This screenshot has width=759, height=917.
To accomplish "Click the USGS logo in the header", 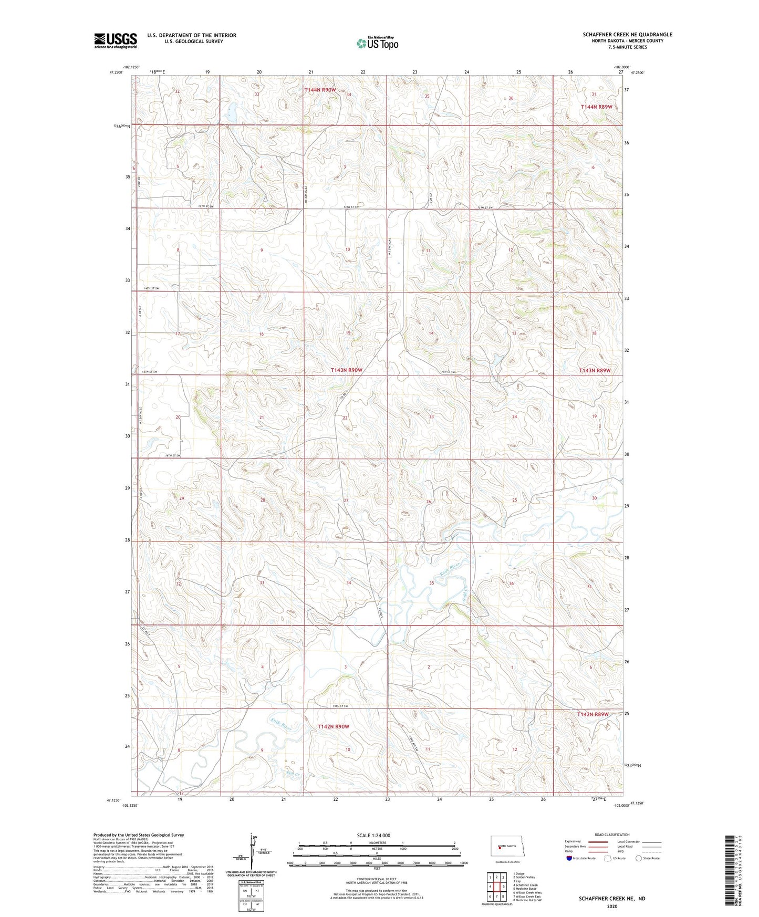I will (x=116, y=40).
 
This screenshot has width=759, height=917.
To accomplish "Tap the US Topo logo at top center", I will (x=377, y=43).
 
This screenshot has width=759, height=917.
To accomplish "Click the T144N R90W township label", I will (x=320, y=90).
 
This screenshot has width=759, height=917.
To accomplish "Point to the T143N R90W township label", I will (x=346, y=370).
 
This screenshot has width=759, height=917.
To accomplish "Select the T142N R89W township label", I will (x=592, y=714).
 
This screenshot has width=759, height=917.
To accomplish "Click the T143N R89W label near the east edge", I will (x=595, y=370).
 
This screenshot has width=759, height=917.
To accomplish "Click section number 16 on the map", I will (x=261, y=334).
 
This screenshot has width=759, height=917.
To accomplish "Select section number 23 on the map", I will (x=431, y=416).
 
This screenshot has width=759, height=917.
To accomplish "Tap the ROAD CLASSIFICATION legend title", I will (x=612, y=835).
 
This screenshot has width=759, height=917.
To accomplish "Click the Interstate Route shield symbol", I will (x=569, y=858).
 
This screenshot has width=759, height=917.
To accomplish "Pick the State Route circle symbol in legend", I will (x=639, y=858).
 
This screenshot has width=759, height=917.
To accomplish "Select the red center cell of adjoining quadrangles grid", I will (x=496, y=887).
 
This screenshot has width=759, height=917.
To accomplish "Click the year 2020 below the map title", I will (x=612, y=906).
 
